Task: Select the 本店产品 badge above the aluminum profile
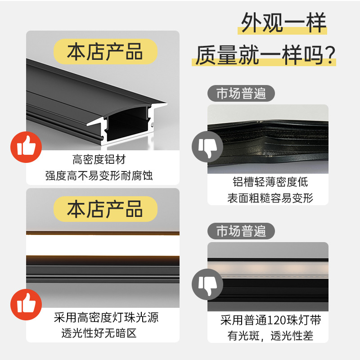pyautogui.click(x=105, y=51)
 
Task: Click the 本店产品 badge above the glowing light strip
pyautogui.click(x=105, y=209)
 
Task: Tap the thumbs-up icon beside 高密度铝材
pyautogui.click(x=26, y=147)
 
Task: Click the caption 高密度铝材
pyautogui.click(x=99, y=159)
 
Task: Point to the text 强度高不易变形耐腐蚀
pyautogui.click(x=99, y=175)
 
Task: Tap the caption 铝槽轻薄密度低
pyautogui.click(x=270, y=182)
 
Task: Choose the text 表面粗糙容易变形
pyautogui.click(x=270, y=198)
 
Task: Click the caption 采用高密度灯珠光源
pyautogui.click(x=106, y=317)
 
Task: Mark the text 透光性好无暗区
pyautogui.click(x=99, y=333)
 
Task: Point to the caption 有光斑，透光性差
pyautogui.click(x=270, y=336)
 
